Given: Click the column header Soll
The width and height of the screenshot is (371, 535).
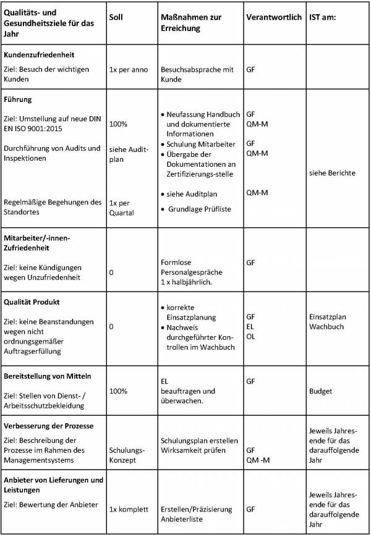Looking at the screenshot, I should [x=116, y=17].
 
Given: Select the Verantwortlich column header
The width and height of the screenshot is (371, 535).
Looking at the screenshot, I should [x=273, y=17].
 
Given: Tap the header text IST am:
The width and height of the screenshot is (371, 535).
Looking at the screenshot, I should [x=322, y=17].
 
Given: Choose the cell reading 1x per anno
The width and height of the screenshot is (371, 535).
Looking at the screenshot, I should [x=128, y=70].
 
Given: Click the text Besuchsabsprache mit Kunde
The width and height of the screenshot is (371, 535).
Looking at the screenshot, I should [x=197, y=75].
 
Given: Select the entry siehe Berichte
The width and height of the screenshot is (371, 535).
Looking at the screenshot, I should [x=331, y=173].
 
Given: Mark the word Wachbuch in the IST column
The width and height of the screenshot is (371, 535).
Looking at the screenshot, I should [x=326, y=326].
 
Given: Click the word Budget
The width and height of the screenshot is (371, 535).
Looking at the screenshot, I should [x=320, y=391].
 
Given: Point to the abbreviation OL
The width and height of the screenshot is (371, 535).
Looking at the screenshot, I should [x=250, y=336].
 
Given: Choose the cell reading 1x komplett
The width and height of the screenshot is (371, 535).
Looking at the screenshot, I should [x=129, y=509].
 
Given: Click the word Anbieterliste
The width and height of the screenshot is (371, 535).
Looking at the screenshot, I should [x=184, y=520].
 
